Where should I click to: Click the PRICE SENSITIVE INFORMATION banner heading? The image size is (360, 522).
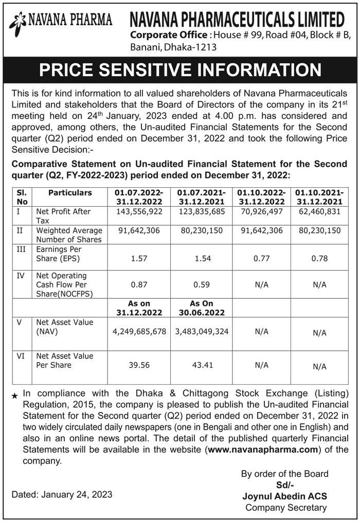180,70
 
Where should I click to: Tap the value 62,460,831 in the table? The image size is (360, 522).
319,212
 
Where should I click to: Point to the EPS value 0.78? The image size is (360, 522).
319,259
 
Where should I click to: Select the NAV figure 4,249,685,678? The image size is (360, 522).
139,332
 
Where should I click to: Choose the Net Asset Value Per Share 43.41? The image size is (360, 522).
203,365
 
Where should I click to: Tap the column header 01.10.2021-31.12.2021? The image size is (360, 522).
319,197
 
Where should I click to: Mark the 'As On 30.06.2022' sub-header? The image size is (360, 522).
203,308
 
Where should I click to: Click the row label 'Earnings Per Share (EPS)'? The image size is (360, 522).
58,254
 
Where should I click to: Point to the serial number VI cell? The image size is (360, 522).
21,356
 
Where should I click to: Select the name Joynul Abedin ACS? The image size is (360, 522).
284,496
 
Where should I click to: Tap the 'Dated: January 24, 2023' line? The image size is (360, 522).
62,494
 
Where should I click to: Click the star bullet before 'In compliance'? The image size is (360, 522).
14,395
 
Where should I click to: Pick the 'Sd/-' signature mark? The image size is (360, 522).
284,485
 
